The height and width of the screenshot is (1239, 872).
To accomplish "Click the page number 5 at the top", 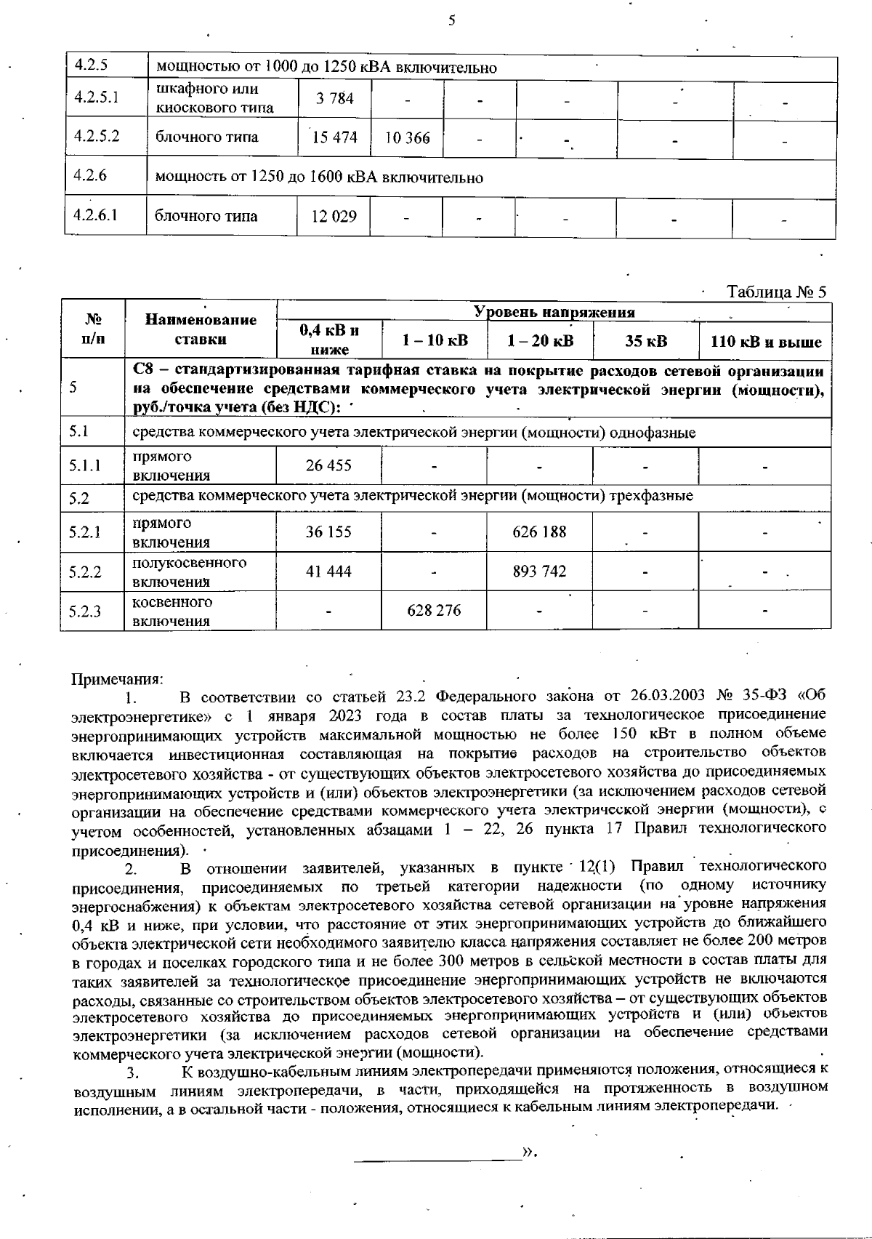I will pyautogui.click(x=451, y=20).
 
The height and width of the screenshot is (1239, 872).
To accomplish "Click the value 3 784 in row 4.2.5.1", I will pyautogui.click(x=334, y=98).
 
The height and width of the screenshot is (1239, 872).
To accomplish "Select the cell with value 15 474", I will pyautogui.click(x=334, y=137).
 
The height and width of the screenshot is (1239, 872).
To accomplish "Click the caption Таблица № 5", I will pyautogui.click(x=777, y=292).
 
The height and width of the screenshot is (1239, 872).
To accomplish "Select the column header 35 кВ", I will pyautogui.click(x=646, y=341).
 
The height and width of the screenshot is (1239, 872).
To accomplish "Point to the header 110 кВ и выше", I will pyautogui.click(x=765, y=342).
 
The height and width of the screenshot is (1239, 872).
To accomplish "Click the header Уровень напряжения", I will pyautogui.click(x=554, y=312).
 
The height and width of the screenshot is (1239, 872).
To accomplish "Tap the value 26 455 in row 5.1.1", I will pyautogui.click(x=328, y=465).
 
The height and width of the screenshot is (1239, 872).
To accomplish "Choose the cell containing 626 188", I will pyautogui.click(x=539, y=532).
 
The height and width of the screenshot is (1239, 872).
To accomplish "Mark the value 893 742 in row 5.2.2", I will pyautogui.click(x=539, y=572).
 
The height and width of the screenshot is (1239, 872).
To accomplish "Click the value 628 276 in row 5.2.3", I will pyautogui.click(x=434, y=611).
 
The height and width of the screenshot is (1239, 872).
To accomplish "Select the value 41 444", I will pyautogui.click(x=328, y=572).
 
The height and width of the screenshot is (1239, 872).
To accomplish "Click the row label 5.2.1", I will pyautogui.click(x=85, y=532).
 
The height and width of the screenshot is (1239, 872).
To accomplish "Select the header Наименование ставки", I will pyautogui.click(x=201, y=329).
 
